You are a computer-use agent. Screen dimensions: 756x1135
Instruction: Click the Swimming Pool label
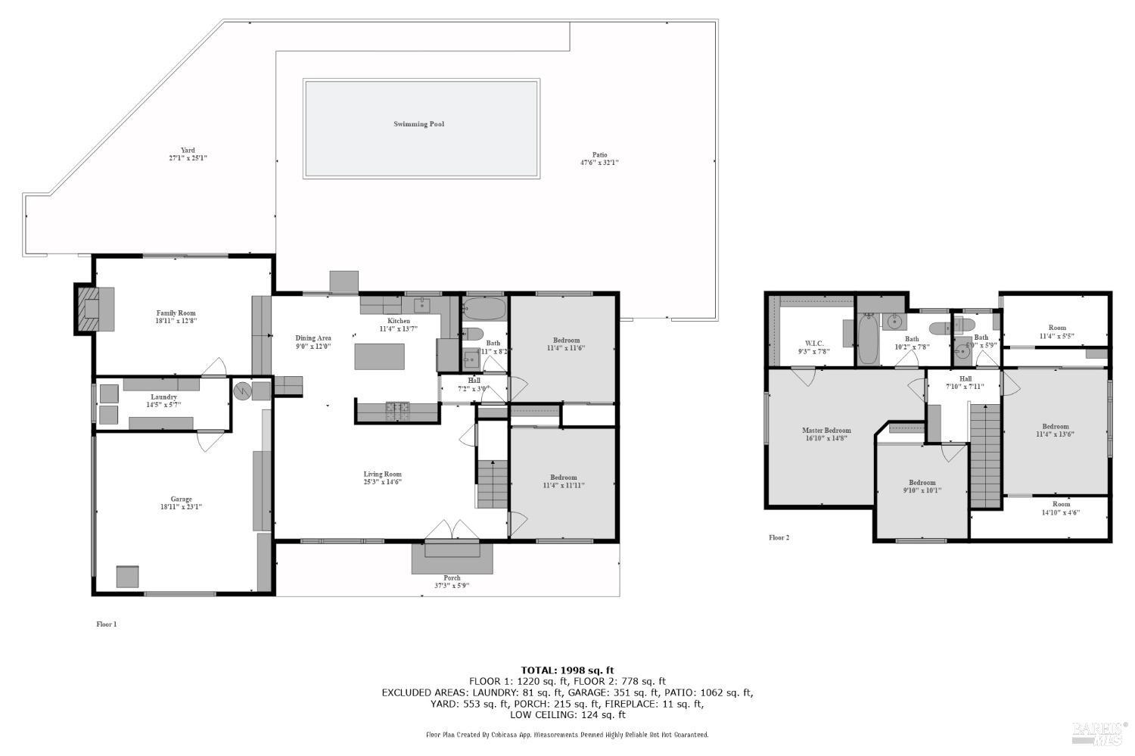click(418, 124)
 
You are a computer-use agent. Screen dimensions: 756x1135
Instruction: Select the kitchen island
click(379, 356)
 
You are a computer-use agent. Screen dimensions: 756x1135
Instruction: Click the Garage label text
click(181, 499)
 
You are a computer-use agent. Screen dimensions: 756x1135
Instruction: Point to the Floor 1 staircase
click(491, 484)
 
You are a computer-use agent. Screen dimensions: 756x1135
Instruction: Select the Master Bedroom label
click(826, 431)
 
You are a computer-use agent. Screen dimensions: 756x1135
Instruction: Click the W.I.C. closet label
click(814, 343)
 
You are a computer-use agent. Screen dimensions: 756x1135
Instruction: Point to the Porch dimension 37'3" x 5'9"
click(452, 585)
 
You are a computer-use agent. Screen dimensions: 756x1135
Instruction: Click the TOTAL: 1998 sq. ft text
click(567, 670)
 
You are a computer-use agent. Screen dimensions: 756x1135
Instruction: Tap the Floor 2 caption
click(779, 538)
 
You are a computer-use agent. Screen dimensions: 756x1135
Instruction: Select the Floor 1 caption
click(107, 624)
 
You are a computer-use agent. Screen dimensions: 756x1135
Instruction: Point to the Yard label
click(188, 150)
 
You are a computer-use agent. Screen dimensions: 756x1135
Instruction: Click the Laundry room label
click(163, 397)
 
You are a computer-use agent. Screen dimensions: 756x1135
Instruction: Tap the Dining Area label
click(313, 338)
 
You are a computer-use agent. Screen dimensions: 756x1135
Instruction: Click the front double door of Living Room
click(452, 530)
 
